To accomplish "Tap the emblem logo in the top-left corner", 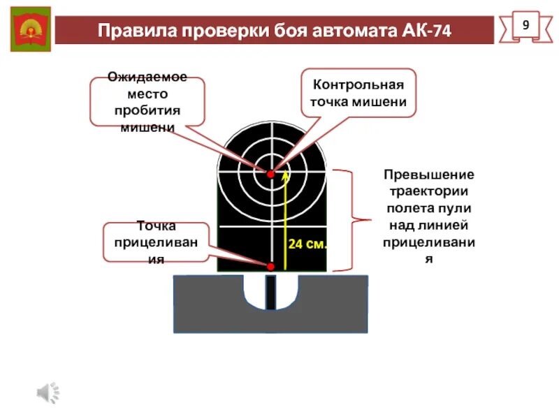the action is pyautogui.click(x=30, y=29).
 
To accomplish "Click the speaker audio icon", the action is pyautogui.click(x=48, y=393).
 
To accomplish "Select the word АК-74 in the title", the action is pyautogui.click(x=427, y=31).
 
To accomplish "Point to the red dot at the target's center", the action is pyautogui.click(x=270, y=173).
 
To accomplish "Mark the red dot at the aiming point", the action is pyautogui.click(x=270, y=265).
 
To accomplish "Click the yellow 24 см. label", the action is pyautogui.click(x=307, y=245).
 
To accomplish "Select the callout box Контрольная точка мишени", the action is pyautogui.click(x=358, y=94).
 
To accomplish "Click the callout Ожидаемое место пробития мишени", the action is pyautogui.click(x=147, y=102).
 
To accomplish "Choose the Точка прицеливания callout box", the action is pyautogui.click(x=156, y=242).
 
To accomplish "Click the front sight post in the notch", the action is pyautogui.click(x=270, y=292).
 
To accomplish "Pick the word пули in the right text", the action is pyautogui.click(x=455, y=208).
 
